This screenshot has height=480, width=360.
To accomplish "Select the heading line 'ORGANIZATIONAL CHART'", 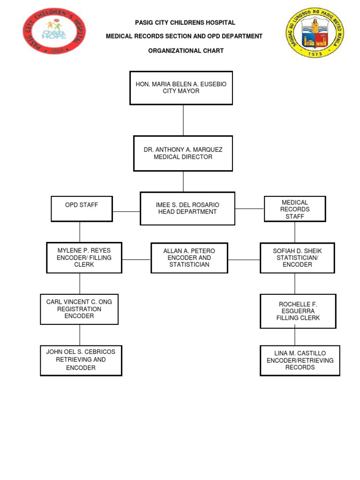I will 186,51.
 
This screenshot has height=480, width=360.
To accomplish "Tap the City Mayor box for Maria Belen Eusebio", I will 181,88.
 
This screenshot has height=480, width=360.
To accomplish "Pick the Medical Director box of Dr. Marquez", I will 183,153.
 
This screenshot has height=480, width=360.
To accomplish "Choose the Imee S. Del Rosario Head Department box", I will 187,208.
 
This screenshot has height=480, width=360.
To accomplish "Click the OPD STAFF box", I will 82,209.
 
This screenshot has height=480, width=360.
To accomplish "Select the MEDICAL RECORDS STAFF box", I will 295,209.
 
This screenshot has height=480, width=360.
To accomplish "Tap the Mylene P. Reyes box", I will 84,257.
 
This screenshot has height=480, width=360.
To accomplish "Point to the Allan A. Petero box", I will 189,258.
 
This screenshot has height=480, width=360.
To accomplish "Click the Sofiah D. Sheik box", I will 297,258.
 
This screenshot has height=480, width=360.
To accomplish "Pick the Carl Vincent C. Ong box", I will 79,309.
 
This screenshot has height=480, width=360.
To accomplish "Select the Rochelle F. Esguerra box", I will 298,311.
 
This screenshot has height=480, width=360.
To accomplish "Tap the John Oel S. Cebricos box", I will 81,360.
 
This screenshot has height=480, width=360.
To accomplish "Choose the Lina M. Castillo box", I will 300,360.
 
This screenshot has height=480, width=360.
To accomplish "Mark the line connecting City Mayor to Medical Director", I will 183,120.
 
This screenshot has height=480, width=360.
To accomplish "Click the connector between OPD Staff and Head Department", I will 126,211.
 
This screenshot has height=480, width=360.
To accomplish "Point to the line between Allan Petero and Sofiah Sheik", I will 244,259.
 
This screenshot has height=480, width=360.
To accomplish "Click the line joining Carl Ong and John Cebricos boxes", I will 80,335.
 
